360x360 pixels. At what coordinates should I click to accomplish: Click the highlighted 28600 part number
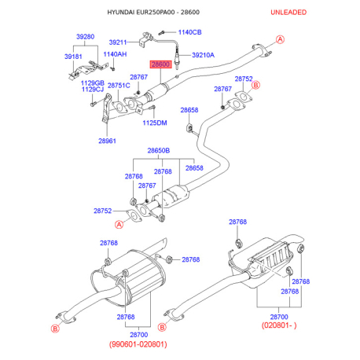(160, 64)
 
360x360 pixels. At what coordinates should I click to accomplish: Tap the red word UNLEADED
(288, 13)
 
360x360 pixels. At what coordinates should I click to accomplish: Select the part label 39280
(85, 37)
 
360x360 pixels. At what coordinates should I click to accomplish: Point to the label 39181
(73, 57)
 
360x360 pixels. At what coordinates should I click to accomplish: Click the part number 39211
(118, 42)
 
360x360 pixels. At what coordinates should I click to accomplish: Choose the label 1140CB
(190, 32)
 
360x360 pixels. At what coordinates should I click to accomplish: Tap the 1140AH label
(115, 54)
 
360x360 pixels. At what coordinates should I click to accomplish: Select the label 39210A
(203, 55)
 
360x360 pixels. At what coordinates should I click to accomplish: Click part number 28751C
(119, 86)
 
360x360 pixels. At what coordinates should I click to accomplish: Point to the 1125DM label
(155, 123)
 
